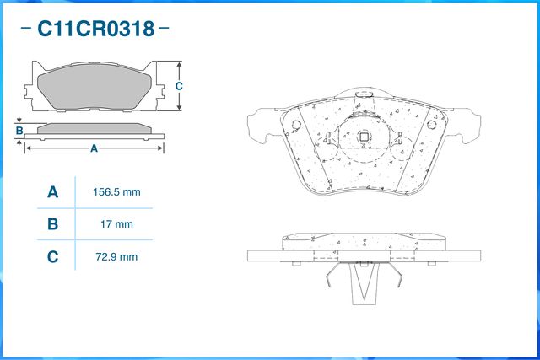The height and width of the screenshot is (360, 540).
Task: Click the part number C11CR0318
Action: coord(94,30)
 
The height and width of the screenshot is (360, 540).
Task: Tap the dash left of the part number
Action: coord(25,30)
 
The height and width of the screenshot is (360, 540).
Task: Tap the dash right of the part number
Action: coord(164,30)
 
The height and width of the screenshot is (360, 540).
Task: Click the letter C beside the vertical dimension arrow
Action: coord(179,87)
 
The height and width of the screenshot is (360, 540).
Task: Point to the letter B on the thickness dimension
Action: coord(19,131)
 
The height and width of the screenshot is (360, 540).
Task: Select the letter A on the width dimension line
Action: coord(94,148)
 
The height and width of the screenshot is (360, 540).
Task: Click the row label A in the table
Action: coord(52,192)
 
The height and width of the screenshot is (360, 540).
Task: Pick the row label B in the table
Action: coord(52,224)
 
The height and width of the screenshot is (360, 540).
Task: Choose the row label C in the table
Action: coord(52,256)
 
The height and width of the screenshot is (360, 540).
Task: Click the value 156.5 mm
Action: coord(116,192)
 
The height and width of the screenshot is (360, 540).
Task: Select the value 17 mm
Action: coord(116,224)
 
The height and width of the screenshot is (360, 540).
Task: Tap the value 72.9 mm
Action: coord(116,256)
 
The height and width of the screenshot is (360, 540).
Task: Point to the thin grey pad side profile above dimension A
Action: coord(94,128)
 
